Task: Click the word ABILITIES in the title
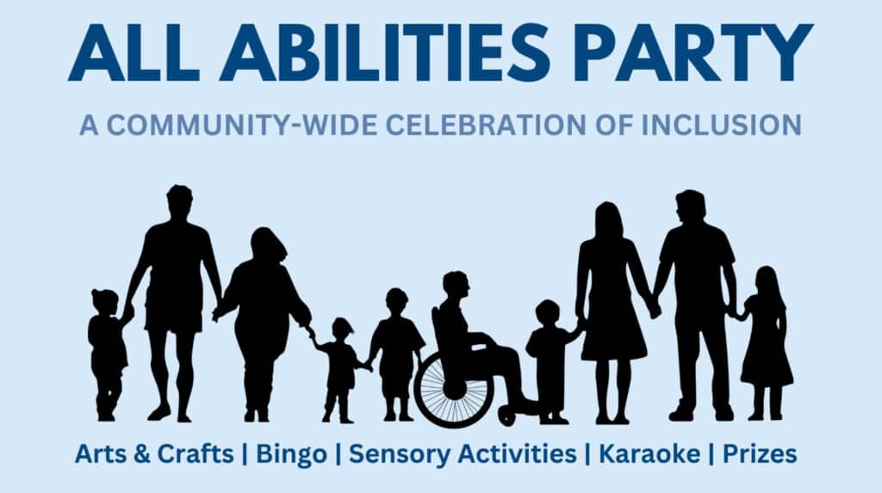(x=384, y=52)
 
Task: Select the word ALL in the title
(x=134, y=52)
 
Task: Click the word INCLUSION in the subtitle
(x=721, y=125)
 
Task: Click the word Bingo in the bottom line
(x=291, y=454)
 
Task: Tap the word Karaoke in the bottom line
(x=649, y=453)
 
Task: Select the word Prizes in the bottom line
(x=760, y=453)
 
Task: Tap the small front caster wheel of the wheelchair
(x=506, y=416)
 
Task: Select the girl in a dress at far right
(x=766, y=343)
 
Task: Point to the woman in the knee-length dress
(x=612, y=312)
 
